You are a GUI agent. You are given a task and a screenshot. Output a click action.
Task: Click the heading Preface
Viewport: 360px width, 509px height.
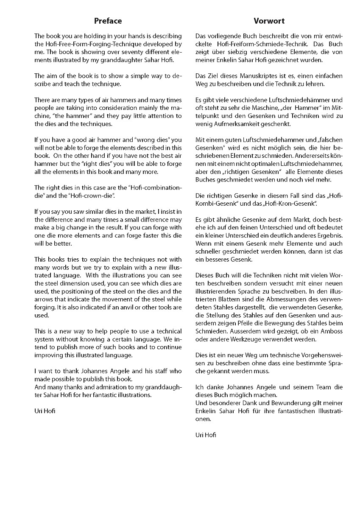coord(108,21)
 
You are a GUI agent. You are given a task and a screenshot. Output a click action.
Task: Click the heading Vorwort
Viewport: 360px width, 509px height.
coord(269,21)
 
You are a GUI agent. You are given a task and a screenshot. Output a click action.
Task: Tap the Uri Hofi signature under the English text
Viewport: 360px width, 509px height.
coord(44,411)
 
